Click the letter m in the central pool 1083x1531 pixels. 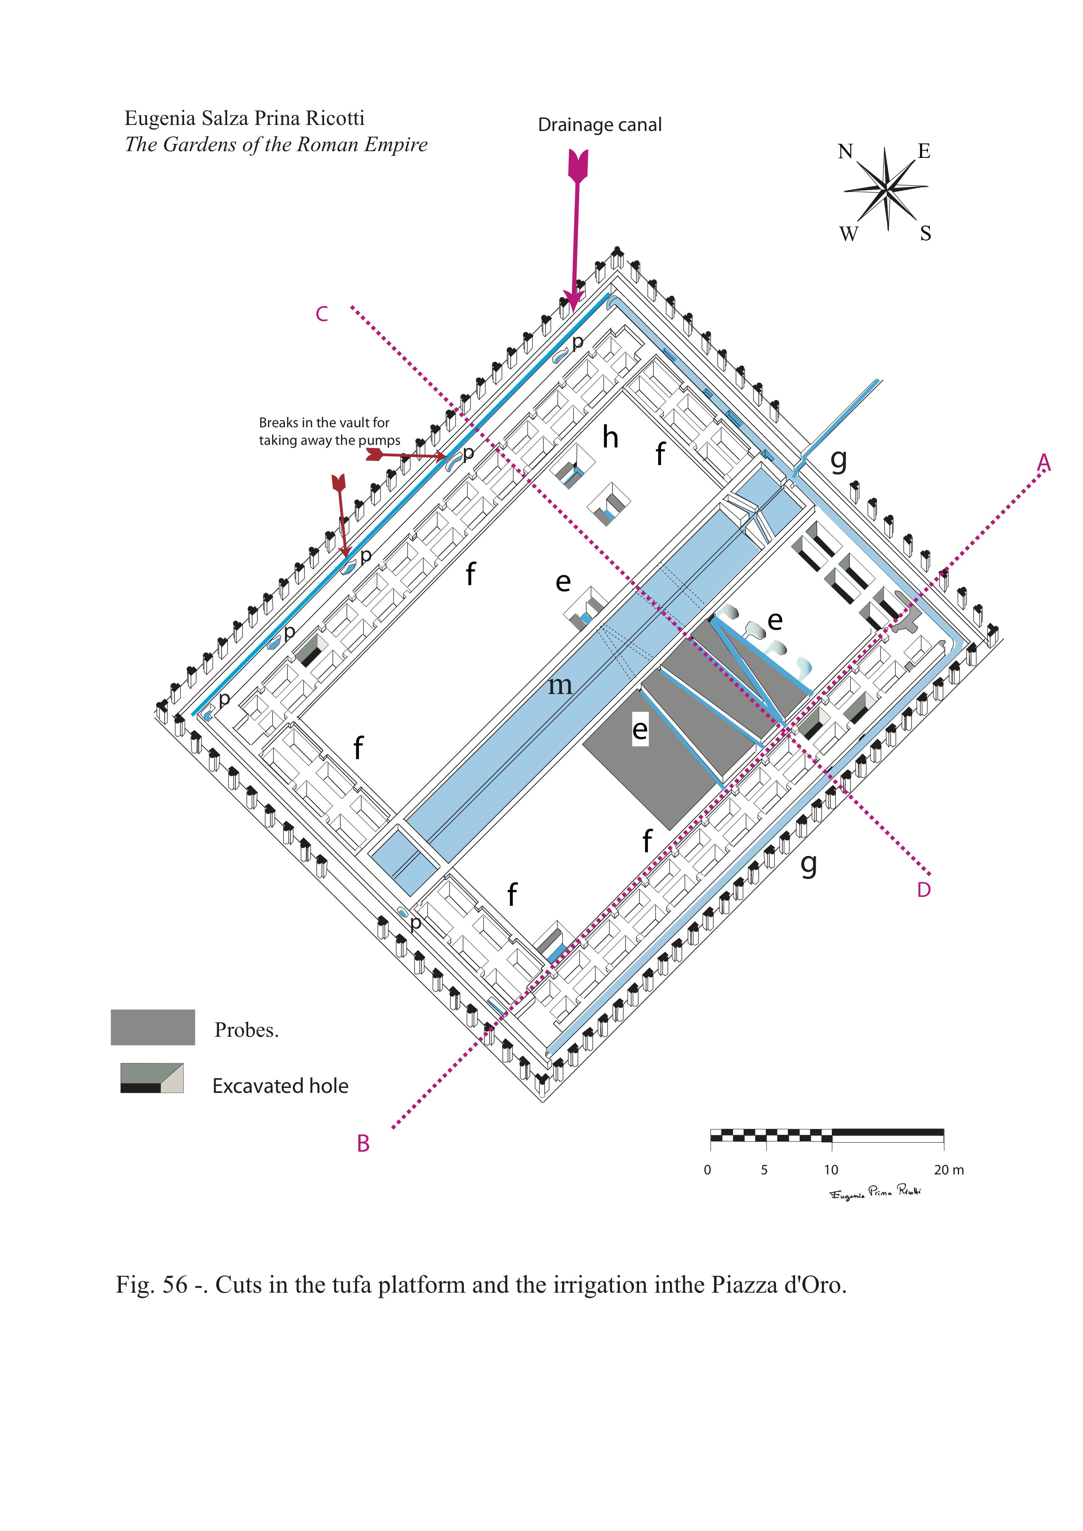560,685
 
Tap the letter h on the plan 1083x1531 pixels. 610,438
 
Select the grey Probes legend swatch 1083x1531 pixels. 153,1027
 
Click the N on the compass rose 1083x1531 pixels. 845,152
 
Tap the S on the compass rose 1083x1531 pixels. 925,233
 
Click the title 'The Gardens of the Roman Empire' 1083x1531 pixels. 276,145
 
